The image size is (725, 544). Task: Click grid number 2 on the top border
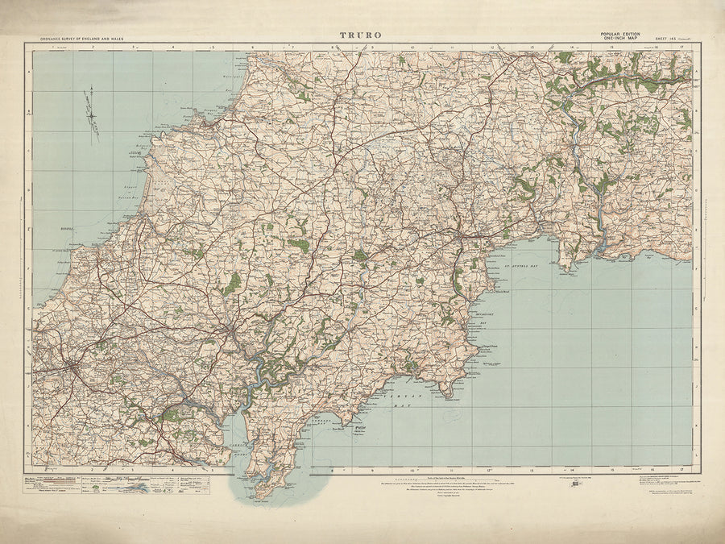(x=93, y=48)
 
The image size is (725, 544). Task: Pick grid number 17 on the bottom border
(x=681, y=468)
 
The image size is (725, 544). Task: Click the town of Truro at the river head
(x=232, y=331)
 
